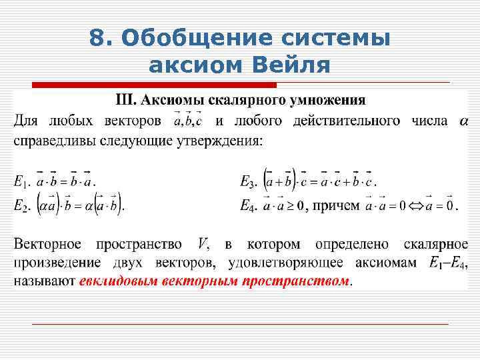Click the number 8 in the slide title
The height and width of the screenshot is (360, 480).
pos(97,39)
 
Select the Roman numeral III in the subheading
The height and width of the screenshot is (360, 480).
pos(126,101)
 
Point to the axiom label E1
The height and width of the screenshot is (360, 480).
pos(20,181)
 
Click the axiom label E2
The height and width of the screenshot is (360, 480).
pos(20,207)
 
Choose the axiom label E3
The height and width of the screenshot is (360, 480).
pos(247,181)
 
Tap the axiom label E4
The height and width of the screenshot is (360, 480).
pos(247,207)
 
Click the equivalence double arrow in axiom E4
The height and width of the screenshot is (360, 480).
pos(419,207)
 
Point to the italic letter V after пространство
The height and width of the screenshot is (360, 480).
pos(203,244)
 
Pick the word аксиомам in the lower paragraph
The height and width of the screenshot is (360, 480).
pos(387,263)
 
